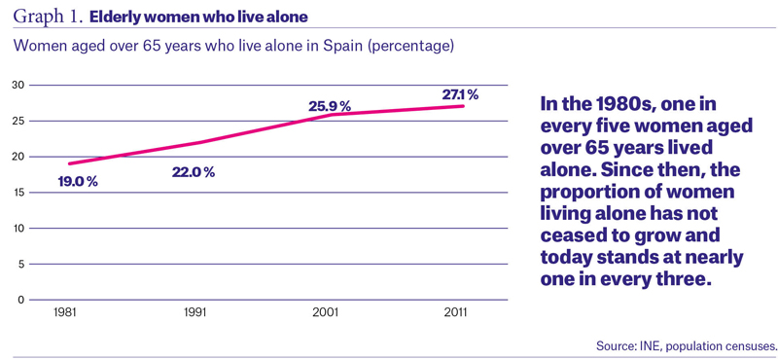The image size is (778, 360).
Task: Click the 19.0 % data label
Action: pos(78,181)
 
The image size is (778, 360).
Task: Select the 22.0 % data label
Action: pos(194,172)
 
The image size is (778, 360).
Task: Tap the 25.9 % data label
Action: pos(330,106)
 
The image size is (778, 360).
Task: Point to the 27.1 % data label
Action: pos(460,94)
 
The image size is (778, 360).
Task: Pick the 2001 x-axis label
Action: pos(326,314)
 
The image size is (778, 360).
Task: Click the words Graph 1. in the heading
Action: pos(48,18)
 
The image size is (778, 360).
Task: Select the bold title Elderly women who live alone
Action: pos(198,18)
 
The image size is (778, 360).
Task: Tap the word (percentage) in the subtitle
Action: pos(408,47)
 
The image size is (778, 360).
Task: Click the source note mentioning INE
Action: pos(687,345)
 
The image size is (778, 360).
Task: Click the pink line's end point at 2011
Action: pos(464,106)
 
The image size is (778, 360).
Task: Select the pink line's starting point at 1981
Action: pos(69,163)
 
